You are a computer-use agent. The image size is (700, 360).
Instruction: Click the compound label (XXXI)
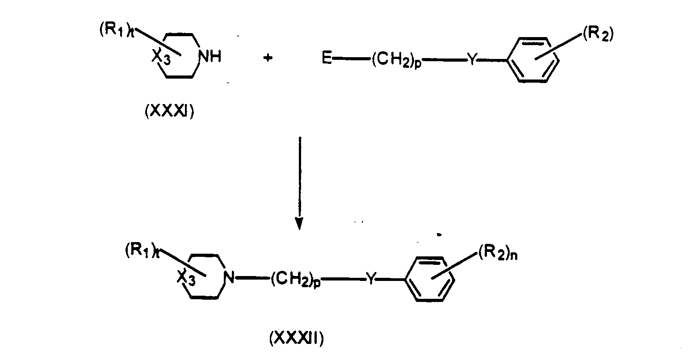pos(169,111)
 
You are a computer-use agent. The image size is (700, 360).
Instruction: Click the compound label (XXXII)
pos(297,338)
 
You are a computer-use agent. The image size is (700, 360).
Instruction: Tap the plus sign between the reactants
pos(268,58)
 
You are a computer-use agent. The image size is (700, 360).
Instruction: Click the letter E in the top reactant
pos(327,58)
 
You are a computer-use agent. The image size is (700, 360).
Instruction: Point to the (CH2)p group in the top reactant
pos(396,59)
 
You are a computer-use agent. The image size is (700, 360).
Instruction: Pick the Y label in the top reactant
pos(472,59)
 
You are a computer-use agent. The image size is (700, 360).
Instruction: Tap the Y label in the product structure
pos(371,278)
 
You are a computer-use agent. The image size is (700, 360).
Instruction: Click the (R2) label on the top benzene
pos(598,34)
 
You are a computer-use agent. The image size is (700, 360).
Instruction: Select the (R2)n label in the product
pos(498,253)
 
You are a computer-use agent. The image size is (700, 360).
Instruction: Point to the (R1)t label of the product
pos(143,250)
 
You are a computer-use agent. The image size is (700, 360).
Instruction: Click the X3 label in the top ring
pos(161,57)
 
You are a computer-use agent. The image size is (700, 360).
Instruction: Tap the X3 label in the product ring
pos(186,278)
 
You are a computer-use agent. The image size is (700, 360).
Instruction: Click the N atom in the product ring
pos(229,277)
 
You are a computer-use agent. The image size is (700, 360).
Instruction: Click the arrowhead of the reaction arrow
pos(299,223)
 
